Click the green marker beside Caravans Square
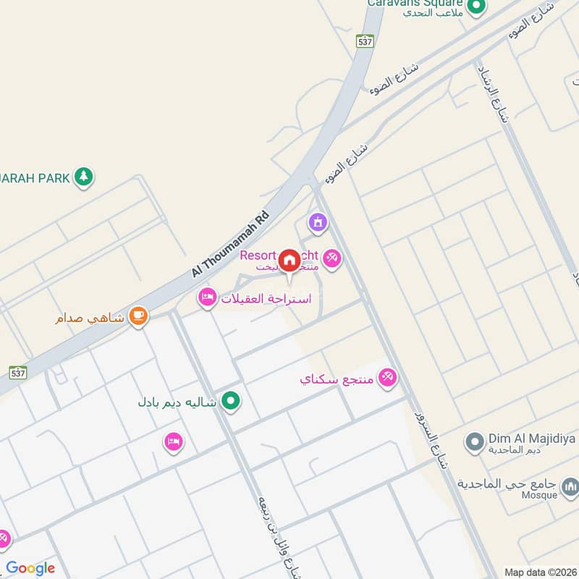(476, 8)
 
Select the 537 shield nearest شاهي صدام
(19, 372)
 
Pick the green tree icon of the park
(85, 176)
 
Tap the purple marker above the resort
(317, 224)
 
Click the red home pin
(289, 261)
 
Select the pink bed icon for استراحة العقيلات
(208, 298)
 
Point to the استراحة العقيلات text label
(266, 298)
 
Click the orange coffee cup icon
(138, 316)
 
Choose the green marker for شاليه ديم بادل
(231, 400)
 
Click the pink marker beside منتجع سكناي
(388, 379)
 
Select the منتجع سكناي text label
(338, 379)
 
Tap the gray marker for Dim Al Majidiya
(475, 441)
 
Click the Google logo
(30, 568)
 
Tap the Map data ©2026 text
(539, 572)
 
